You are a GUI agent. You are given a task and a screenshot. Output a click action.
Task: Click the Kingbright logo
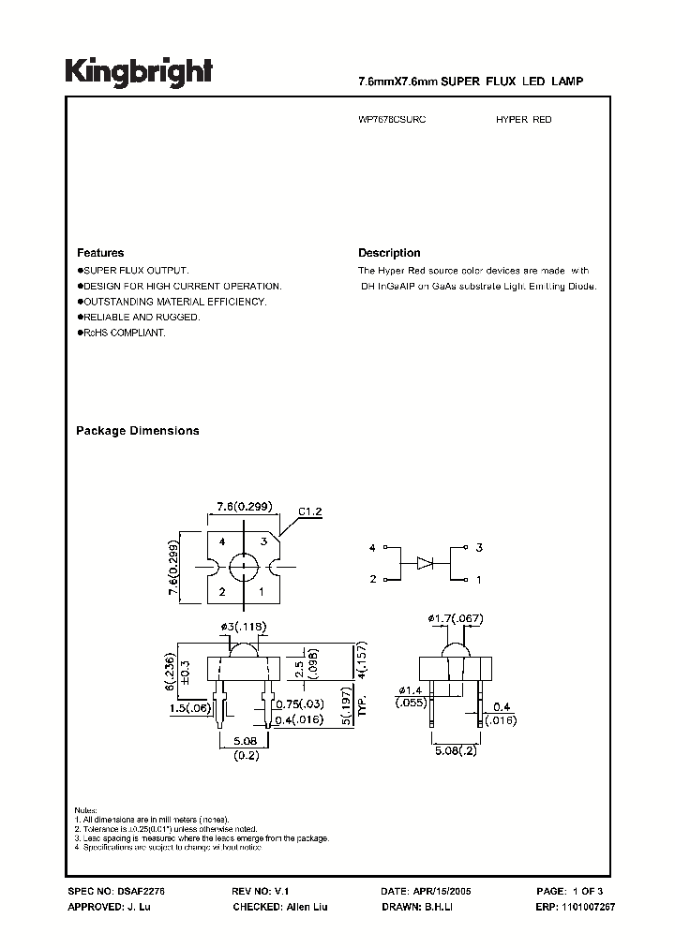138,71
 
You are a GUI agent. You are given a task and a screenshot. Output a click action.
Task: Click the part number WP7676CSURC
392,120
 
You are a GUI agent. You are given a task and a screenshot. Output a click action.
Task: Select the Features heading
100,253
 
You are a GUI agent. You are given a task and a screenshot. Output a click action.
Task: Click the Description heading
389,253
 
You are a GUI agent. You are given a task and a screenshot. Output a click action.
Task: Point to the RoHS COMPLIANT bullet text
125,333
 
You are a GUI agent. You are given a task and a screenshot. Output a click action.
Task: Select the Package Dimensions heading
137,431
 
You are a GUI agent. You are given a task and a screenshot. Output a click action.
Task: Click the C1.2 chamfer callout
310,512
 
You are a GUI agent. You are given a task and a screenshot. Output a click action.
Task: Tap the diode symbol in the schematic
427,563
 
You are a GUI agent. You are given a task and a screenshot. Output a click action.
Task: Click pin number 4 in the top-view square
222,542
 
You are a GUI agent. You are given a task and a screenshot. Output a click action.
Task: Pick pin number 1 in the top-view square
262,592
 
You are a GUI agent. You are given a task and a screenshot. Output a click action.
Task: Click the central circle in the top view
243,567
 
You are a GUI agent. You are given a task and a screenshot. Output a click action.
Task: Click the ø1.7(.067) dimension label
457,617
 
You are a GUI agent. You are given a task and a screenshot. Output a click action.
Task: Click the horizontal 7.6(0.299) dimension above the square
242,507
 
